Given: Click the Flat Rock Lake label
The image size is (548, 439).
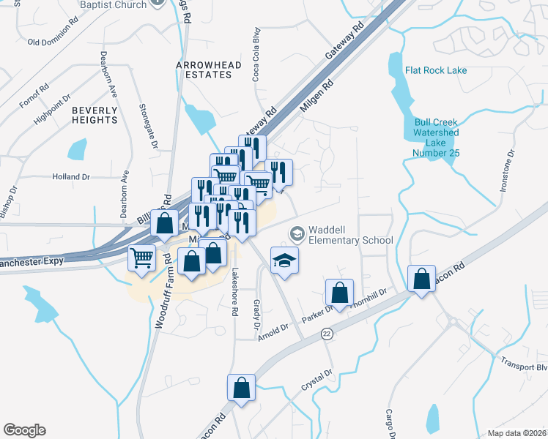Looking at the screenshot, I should click(436, 71).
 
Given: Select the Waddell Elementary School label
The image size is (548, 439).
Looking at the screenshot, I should click(350, 234).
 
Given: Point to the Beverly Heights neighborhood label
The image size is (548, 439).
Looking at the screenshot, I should click(95, 115).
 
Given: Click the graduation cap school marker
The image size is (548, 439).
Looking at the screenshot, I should click(285, 259).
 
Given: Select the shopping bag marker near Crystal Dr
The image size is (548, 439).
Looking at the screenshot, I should click(241, 388).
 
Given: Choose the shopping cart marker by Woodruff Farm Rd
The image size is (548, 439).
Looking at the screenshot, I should click(141, 257).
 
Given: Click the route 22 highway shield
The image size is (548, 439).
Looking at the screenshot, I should click(326, 334).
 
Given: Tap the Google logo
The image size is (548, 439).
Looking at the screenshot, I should click(24, 430).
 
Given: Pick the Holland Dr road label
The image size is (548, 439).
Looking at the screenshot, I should click(70, 177).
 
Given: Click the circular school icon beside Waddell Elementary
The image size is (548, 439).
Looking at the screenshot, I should click(297, 234).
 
